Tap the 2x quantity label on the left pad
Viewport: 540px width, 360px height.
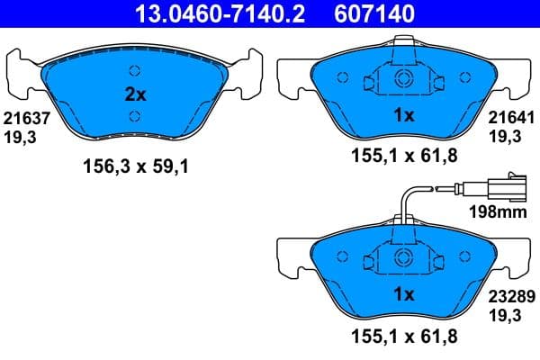tap(134, 93)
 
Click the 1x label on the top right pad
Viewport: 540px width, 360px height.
tap(404, 115)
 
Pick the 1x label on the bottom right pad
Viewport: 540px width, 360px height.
tap(404, 294)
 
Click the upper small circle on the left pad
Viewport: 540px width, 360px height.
tap(135, 71)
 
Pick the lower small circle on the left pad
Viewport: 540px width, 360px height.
tap(135, 114)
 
